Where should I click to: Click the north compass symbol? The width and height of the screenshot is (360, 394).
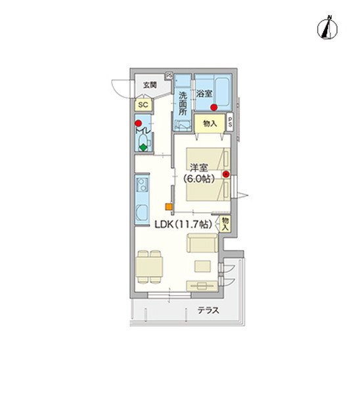click(x=327, y=28)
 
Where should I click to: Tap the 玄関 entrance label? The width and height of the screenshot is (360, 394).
click(x=150, y=85)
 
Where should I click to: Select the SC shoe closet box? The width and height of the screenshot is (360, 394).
click(x=143, y=104)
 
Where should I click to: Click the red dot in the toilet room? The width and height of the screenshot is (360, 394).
click(x=138, y=123)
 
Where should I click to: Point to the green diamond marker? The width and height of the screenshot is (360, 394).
click(x=143, y=147)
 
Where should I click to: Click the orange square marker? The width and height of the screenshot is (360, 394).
click(x=169, y=207)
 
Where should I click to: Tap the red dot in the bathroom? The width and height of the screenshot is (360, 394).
click(x=214, y=108)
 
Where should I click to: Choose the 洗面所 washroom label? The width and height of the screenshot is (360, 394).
click(x=183, y=104)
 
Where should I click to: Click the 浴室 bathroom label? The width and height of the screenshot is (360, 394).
click(x=204, y=94)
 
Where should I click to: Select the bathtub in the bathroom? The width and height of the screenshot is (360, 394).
click(x=222, y=92)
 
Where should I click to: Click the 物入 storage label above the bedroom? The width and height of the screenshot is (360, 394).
click(x=210, y=123)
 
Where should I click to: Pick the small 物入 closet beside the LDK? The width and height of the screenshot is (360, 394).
click(x=225, y=224)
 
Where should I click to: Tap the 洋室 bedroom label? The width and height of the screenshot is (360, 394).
click(x=198, y=167)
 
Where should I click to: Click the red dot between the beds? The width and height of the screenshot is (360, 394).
click(x=226, y=174)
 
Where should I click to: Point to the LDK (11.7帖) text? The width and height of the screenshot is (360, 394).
click(x=183, y=224)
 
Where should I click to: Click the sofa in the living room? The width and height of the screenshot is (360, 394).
click(x=202, y=243)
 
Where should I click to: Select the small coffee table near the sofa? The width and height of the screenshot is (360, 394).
click(x=202, y=266)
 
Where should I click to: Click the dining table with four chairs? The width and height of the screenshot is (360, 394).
click(x=149, y=267)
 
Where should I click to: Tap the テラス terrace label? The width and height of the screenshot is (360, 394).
click(x=208, y=311)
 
